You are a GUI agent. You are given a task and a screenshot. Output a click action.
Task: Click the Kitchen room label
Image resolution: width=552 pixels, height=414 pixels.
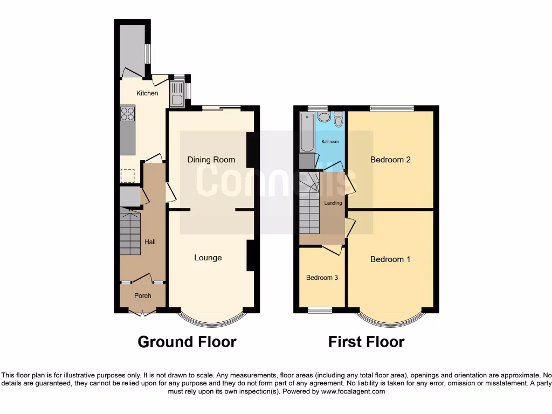coord(147,93)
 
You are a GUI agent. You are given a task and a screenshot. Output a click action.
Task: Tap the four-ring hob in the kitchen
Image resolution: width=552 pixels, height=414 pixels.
coord(128,113)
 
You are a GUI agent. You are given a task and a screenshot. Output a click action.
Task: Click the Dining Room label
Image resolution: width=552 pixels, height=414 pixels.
coord(211,160)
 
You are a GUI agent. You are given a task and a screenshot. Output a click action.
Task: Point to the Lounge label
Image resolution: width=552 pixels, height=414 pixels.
coord(208,258)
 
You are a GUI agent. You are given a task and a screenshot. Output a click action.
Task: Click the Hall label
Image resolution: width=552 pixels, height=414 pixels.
coord(150,242)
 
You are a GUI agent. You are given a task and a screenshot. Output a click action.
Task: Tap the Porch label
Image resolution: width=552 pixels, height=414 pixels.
coord(142,295)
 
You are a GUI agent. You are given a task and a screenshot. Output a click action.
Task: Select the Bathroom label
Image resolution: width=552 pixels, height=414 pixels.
coord(330,142)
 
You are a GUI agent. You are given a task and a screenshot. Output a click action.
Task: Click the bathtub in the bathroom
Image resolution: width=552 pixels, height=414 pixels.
coord(306,133)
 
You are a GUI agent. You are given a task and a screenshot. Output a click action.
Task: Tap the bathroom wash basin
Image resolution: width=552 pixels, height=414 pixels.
coord(323,117)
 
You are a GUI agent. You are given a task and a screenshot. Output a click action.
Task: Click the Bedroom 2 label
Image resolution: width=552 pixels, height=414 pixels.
coord(390,160)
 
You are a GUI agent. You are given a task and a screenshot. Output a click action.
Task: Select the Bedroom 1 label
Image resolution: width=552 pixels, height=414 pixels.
coord(390,259)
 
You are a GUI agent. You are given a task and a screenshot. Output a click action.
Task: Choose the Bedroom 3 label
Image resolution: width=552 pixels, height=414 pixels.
coord(322,278)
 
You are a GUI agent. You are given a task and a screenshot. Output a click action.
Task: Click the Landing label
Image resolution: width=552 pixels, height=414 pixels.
coord(333,203)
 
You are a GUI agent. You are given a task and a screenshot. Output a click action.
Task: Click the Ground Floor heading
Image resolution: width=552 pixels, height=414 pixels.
coord(187,342)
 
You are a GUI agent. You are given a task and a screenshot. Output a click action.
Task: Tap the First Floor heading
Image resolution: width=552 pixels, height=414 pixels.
coord(366,342)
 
